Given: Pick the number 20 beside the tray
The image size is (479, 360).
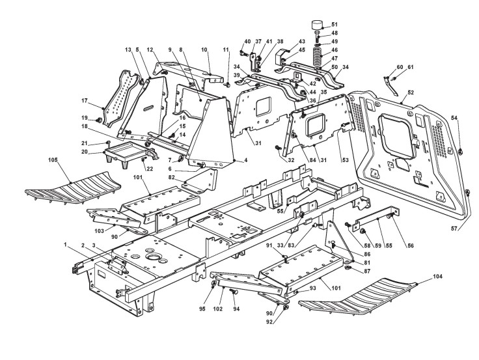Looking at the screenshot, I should (86, 152).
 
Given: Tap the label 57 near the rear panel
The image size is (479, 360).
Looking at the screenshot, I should (460, 229).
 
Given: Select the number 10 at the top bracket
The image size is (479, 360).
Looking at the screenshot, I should (204, 49).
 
